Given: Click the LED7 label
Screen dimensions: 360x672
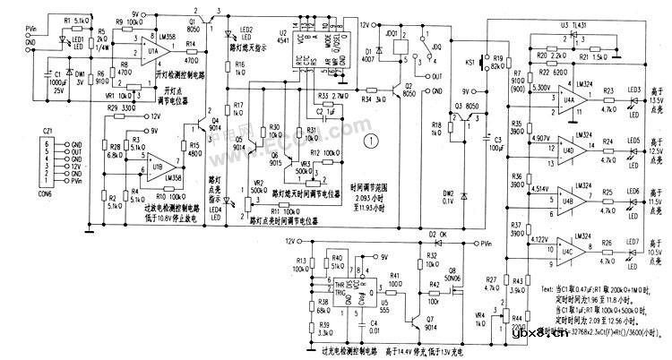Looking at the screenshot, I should tap(633, 241).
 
